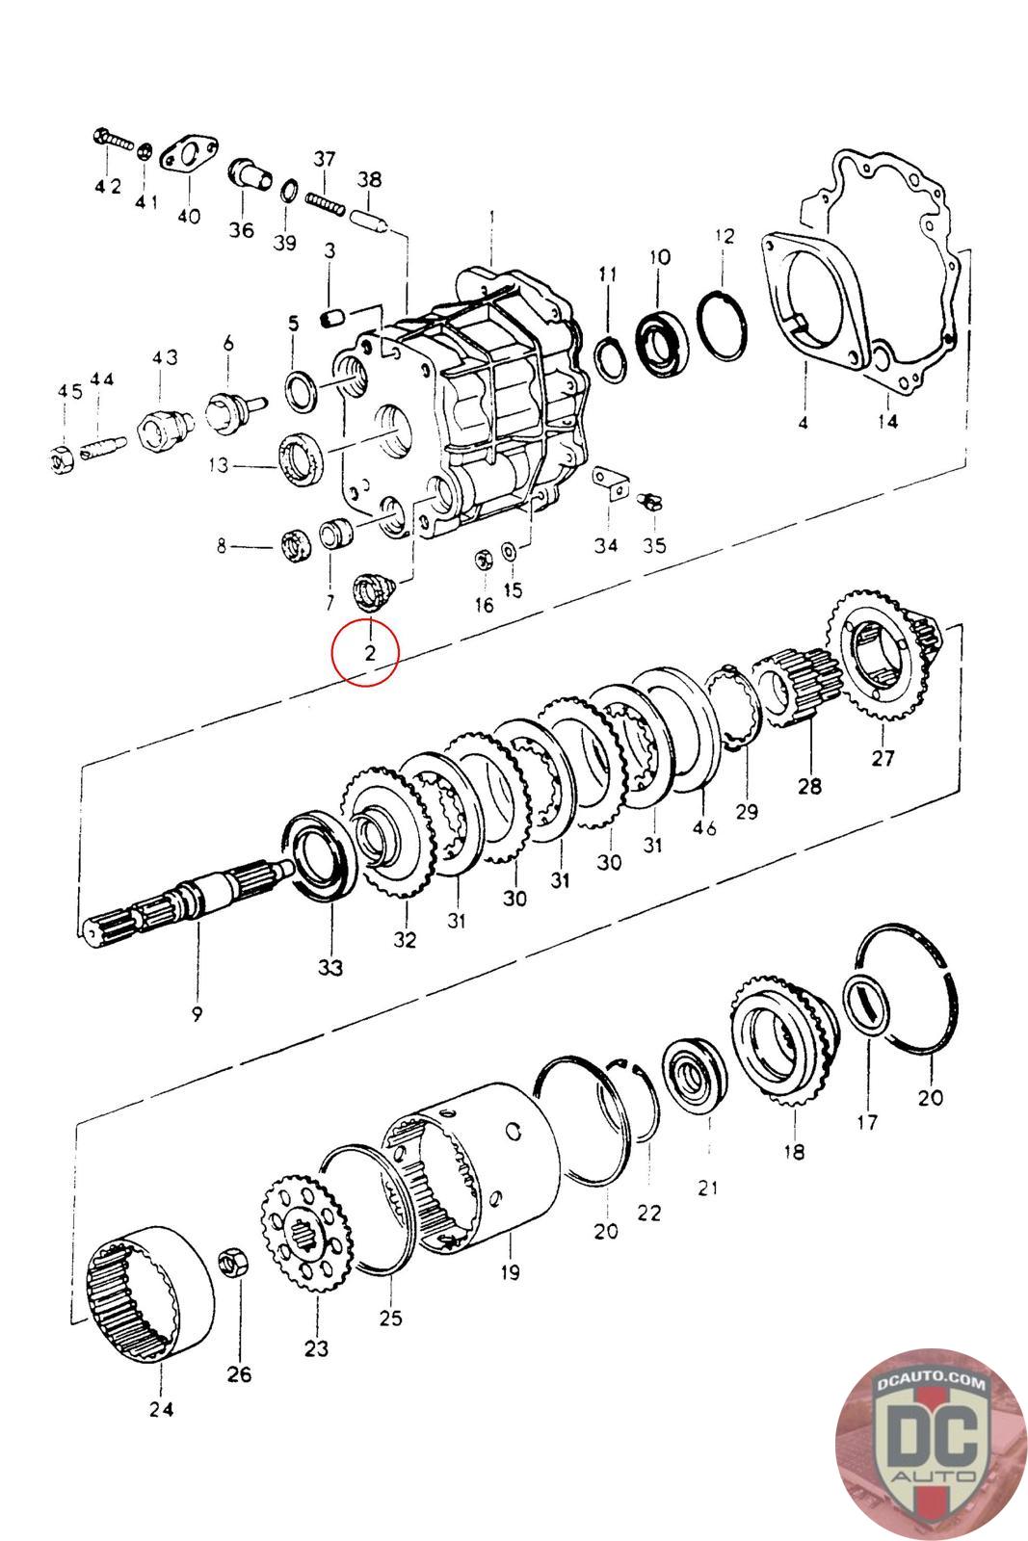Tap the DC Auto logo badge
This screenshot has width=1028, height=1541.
coord(931,1445)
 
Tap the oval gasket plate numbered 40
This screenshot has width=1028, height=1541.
coord(189,158)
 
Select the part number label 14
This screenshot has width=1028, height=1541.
coord(887,420)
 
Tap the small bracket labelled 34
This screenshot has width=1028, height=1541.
coord(610,483)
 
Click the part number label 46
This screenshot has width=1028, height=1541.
coord(704,827)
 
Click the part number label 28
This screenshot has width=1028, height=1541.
coord(809,785)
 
